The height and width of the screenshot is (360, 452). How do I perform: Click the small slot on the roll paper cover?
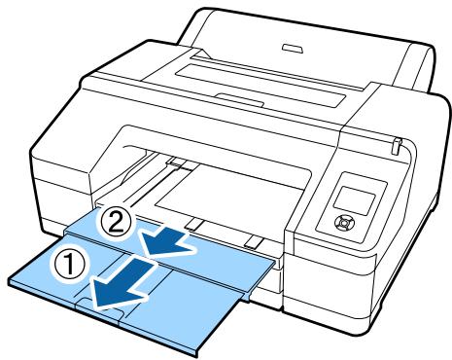click(288, 45)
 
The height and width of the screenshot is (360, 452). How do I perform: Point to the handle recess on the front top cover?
click(236, 97)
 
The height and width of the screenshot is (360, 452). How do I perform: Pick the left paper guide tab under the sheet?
click(194, 225)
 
